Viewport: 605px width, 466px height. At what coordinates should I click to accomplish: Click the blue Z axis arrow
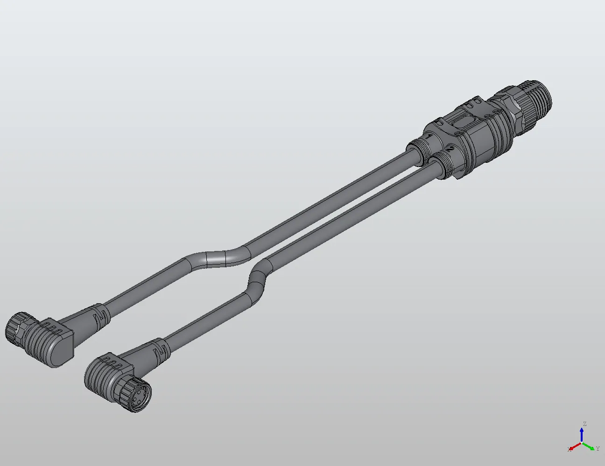click(x=582, y=434)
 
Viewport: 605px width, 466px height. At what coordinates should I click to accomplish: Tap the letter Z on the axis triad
click(x=584, y=424)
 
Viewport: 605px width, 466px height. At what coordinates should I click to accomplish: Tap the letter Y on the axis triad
click(x=598, y=449)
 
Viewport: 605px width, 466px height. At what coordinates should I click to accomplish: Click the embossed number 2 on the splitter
click(x=450, y=149)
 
